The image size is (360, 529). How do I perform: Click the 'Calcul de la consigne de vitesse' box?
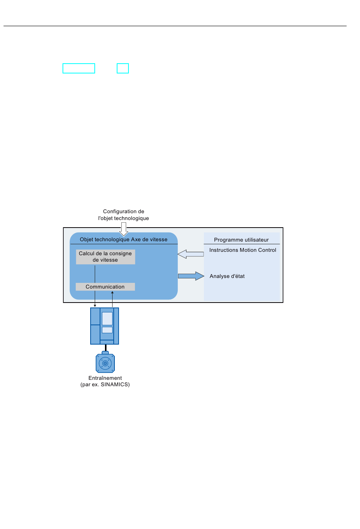point(105,257)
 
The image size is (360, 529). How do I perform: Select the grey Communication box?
point(105,287)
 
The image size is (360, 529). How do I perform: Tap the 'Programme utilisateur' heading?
point(241,240)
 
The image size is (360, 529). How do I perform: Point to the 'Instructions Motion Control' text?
point(243,250)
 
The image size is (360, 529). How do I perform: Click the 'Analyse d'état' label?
point(227,276)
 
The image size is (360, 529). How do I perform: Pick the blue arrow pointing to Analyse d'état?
point(191,276)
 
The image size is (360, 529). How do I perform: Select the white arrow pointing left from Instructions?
point(191,254)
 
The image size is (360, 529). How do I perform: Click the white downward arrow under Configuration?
point(124,229)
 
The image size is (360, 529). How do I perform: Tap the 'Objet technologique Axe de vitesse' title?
point(124,239)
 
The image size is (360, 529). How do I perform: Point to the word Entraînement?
point(105,378)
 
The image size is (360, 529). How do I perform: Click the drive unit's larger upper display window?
point(107,318)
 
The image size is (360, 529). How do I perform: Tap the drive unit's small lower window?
point(107,330)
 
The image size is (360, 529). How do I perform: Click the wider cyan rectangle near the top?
point(79,69)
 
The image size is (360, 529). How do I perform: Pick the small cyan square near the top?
point(123,69)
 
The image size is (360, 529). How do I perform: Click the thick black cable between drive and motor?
point(106,348)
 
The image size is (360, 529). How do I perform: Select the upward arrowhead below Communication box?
point(112,293)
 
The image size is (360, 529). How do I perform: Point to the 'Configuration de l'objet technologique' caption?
point(124,215)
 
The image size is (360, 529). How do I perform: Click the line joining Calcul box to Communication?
point(95,274)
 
